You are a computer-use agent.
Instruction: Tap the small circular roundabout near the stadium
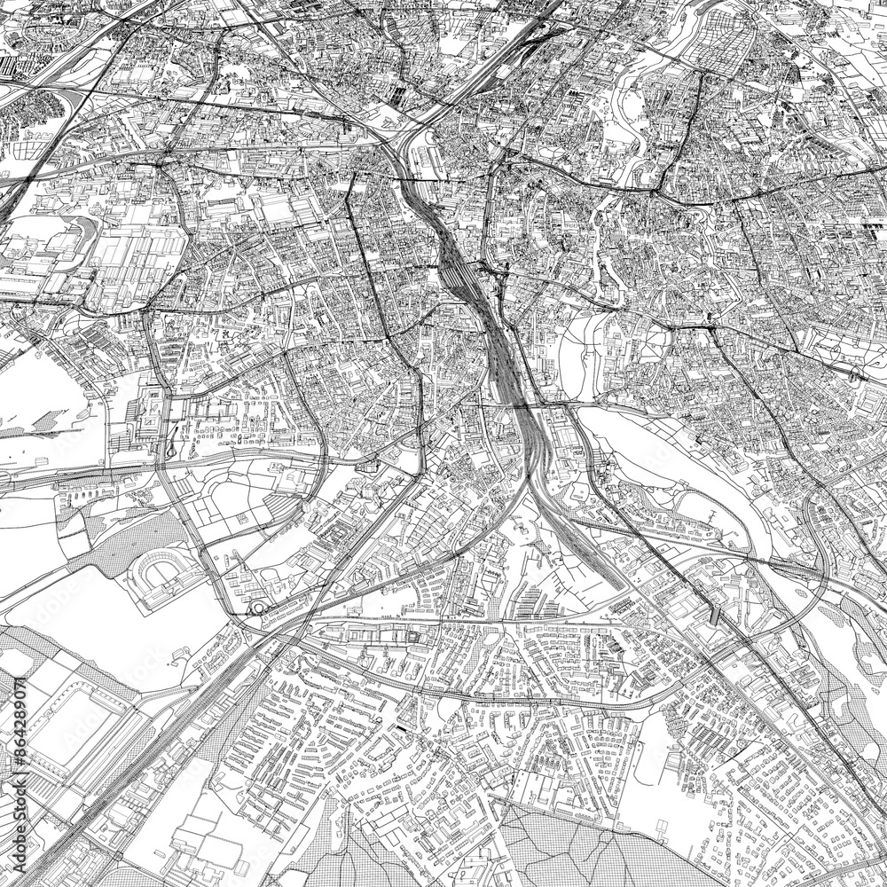257,608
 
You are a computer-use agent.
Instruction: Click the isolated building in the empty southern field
662,827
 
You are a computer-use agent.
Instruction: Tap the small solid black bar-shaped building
404,728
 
